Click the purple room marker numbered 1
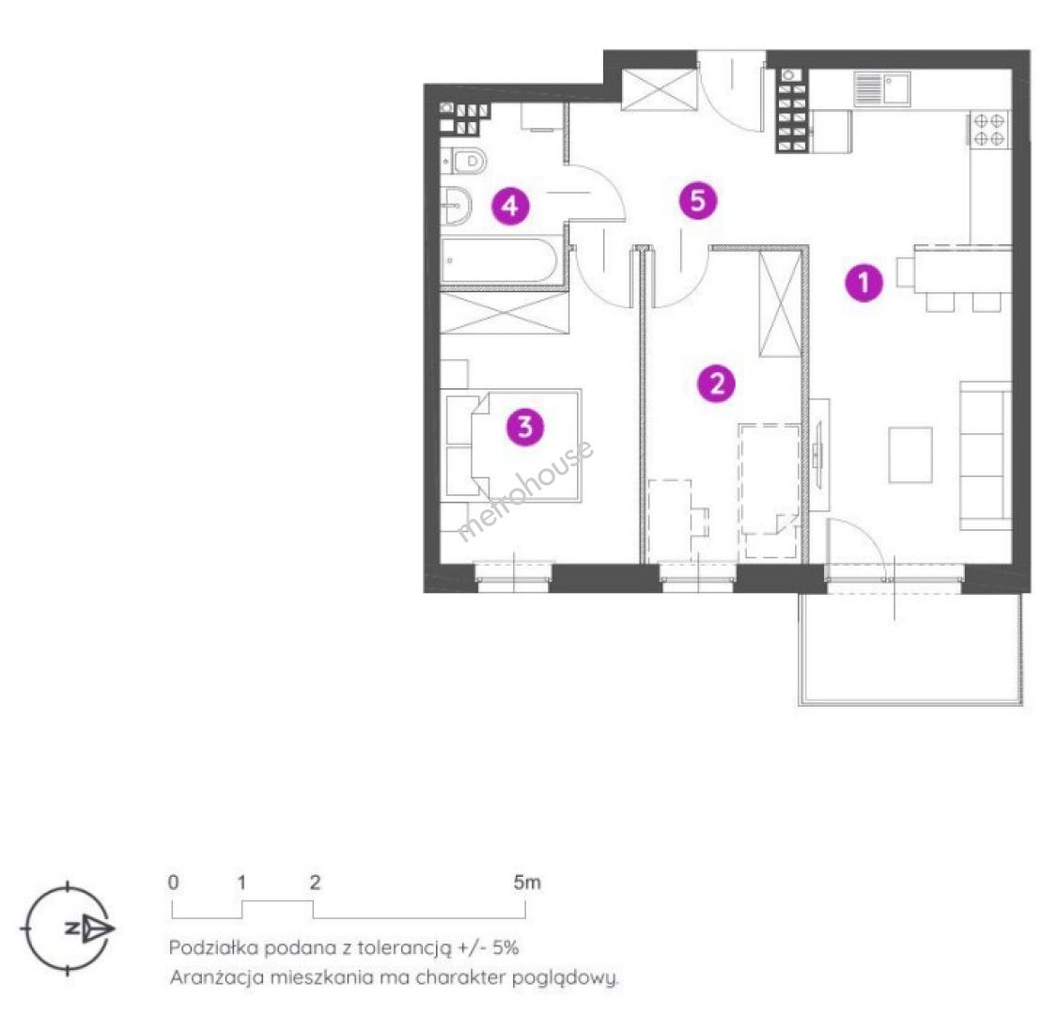pos(864,282)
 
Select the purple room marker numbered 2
pos(717,383)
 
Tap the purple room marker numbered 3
pos(525,427)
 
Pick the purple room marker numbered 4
pos(510,205)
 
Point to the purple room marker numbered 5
pos(698,200)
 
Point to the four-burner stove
pos(988,130)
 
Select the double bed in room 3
pos(513,445)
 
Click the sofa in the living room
pos(986,456)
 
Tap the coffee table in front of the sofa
pos(910,454)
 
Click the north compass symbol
pos(69,928)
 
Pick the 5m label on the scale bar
pos(527,882)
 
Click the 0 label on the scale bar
pos(174,882)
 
